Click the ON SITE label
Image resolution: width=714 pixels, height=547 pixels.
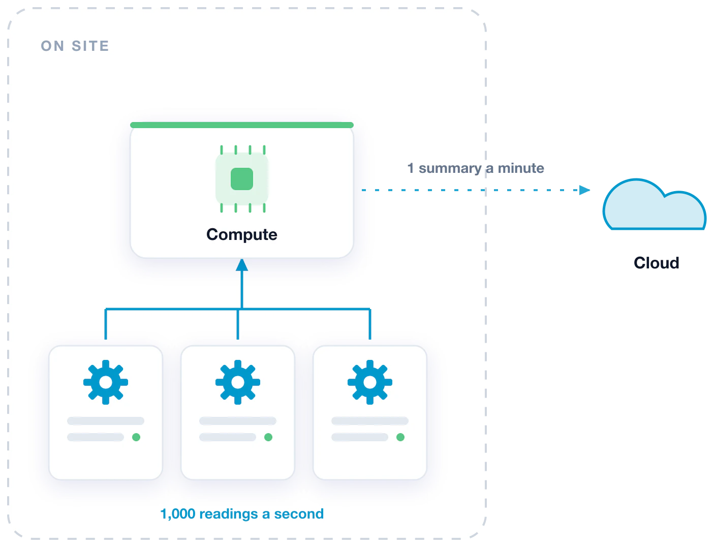(75, 46)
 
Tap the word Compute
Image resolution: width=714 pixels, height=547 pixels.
(241, 235)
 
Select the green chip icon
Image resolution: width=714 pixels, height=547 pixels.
(242, 179)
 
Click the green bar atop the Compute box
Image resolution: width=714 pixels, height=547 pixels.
(242, 125)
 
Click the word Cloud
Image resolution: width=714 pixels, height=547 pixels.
(656, 263)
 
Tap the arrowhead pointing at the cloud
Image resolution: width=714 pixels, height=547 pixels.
(584, 190)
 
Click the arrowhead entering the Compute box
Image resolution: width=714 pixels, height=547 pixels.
(242, 265)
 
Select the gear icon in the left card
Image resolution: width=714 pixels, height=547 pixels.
(106, 382)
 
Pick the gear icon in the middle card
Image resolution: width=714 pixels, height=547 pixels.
(238, 382)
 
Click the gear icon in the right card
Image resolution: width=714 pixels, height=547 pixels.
(370, 382)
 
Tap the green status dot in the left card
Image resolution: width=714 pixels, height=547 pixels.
(136, 437)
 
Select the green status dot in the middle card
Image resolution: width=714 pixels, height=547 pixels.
(268, 437)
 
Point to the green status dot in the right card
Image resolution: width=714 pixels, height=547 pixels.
(400, 437)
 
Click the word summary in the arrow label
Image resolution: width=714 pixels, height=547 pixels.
(450, 169)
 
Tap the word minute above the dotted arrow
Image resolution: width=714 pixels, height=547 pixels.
(521, 168)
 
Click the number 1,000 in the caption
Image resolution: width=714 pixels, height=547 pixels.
(177, 514)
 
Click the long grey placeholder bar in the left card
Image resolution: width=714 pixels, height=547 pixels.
(106, 421)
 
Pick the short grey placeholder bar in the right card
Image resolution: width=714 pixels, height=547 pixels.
(360, 437)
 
